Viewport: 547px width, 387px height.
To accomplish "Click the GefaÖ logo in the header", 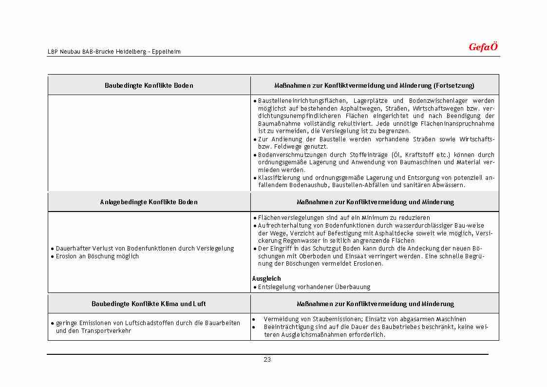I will tap(483, 47).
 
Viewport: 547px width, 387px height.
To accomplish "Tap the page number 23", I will tap(267, 360).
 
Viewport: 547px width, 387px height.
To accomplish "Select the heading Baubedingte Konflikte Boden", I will tap(149, 86).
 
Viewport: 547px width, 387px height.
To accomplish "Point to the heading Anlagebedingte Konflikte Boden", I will tap(149, 202).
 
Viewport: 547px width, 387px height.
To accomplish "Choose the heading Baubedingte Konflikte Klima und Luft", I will tap(149, 304).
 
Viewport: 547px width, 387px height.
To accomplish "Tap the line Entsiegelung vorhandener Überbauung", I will tap(314, 287).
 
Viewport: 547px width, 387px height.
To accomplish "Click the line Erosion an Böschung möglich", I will tap(97, 256).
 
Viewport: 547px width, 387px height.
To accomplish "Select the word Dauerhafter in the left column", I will tap(73, 249).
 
